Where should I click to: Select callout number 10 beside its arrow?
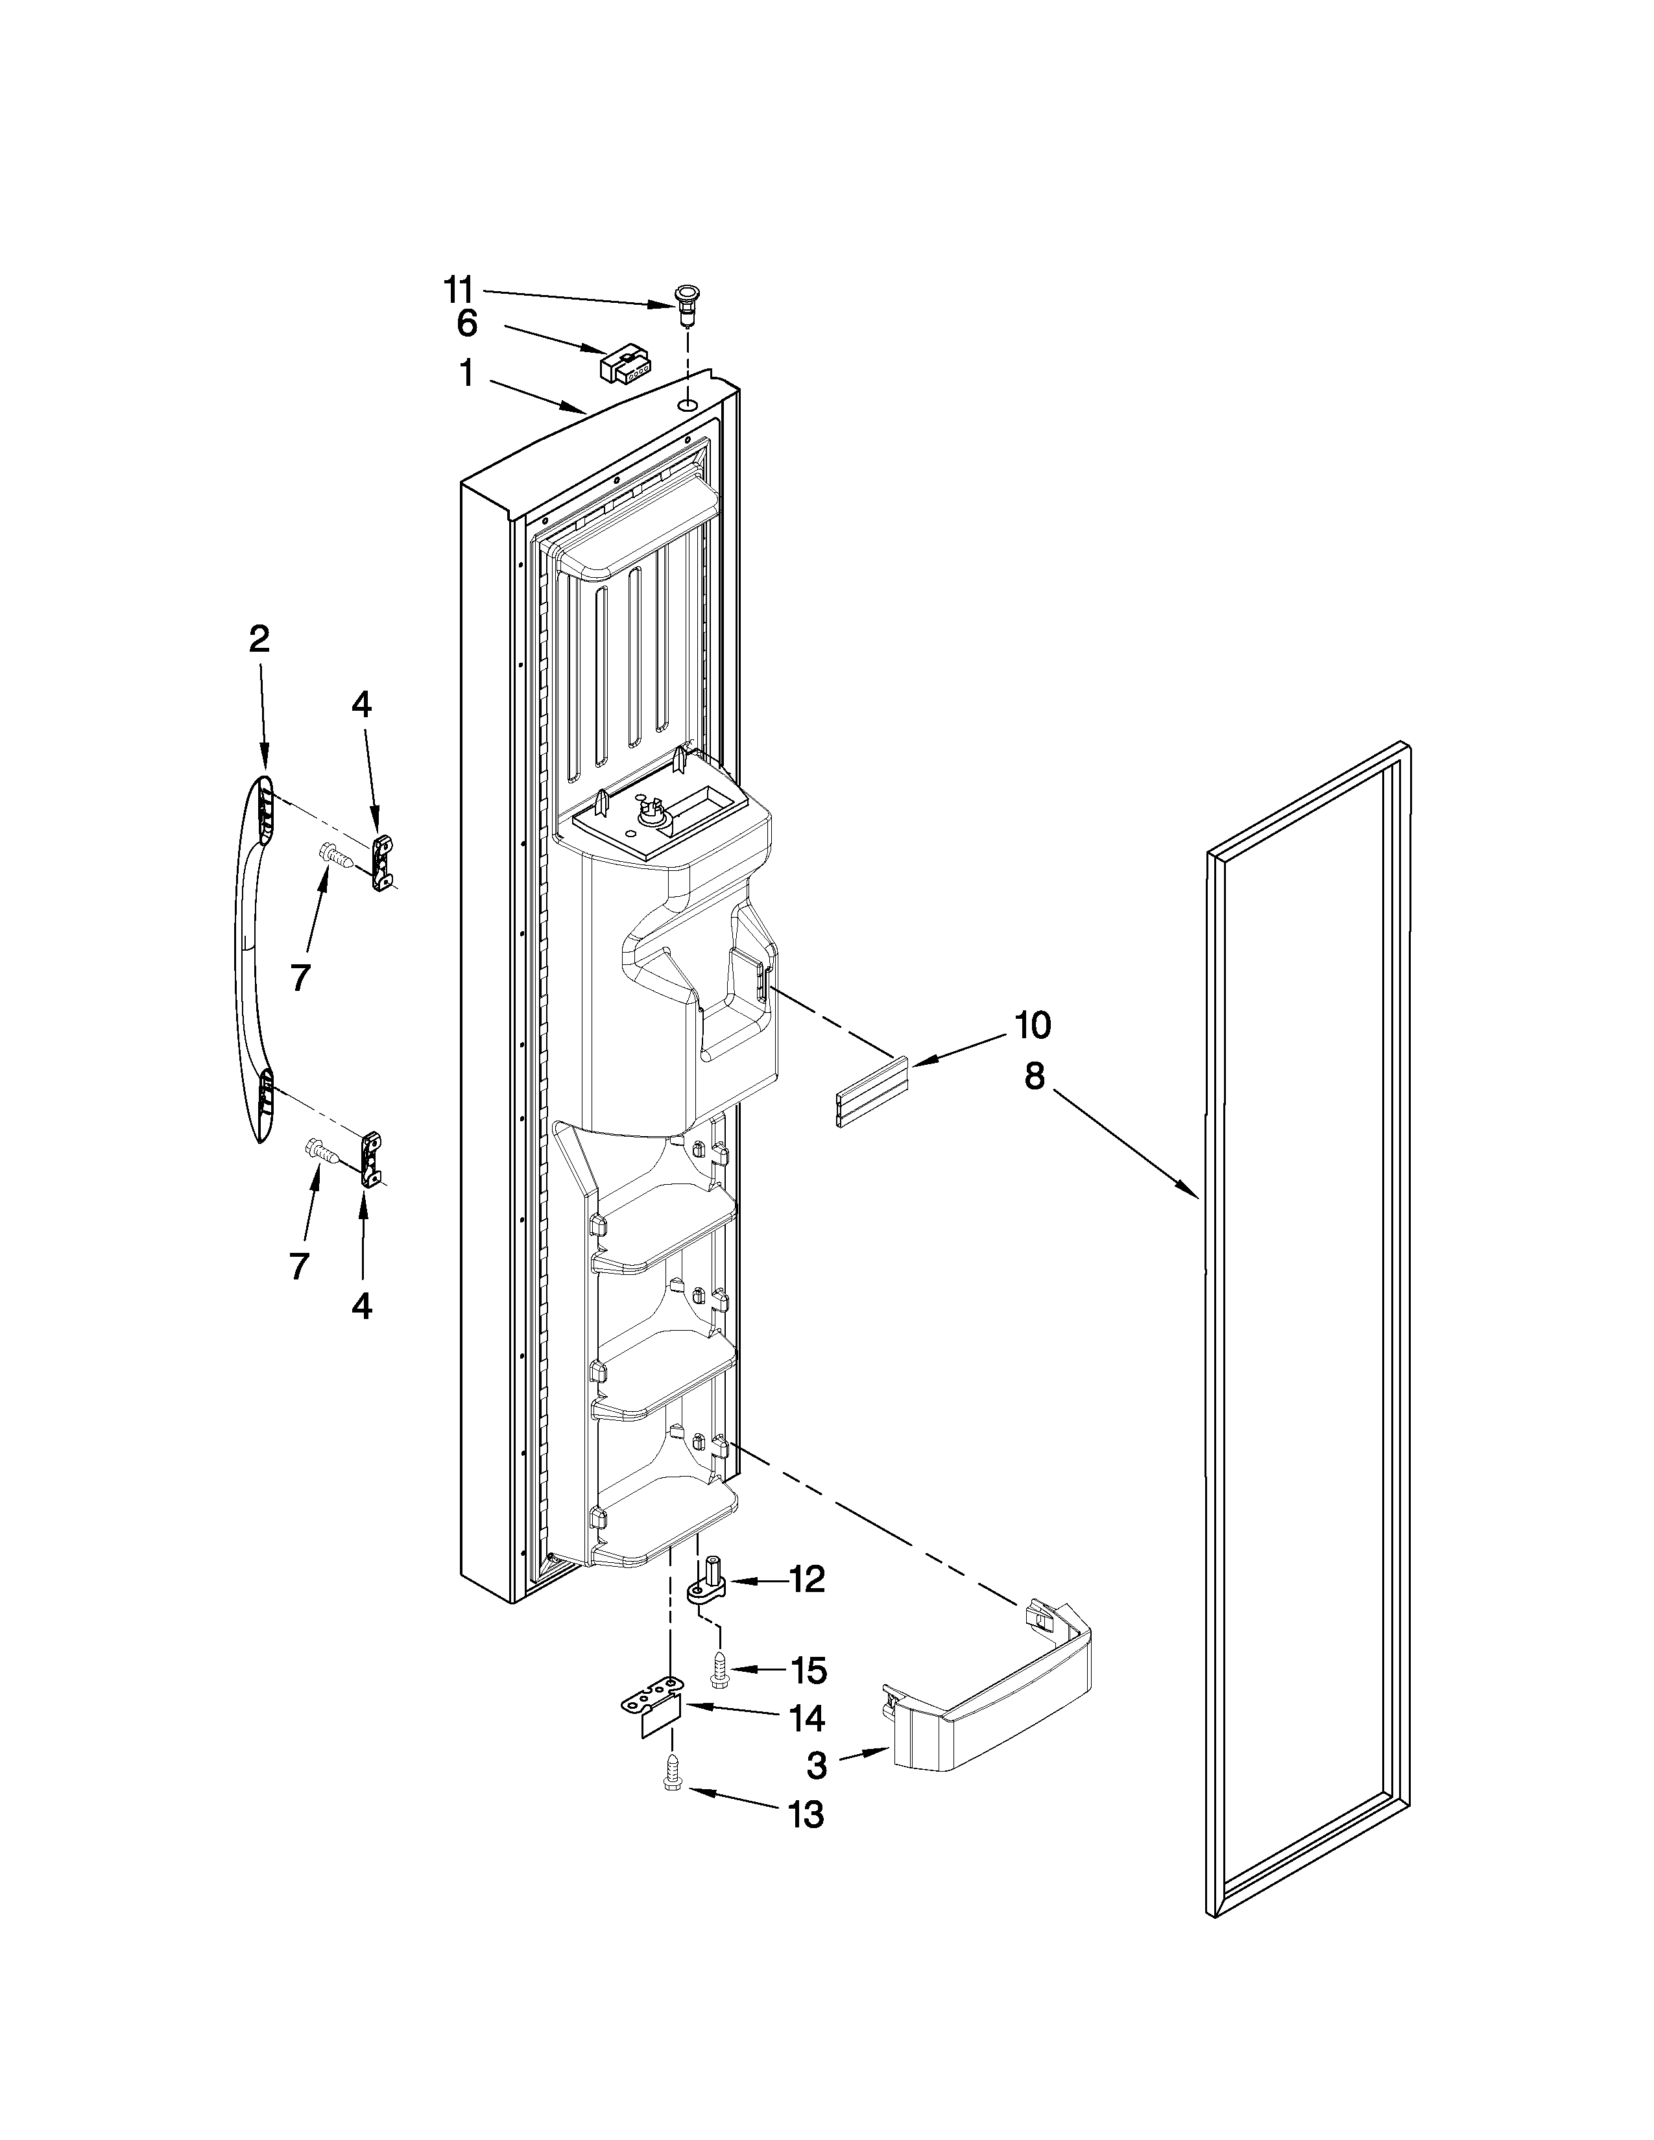pyautogui.click(x=1032, y=1025)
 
